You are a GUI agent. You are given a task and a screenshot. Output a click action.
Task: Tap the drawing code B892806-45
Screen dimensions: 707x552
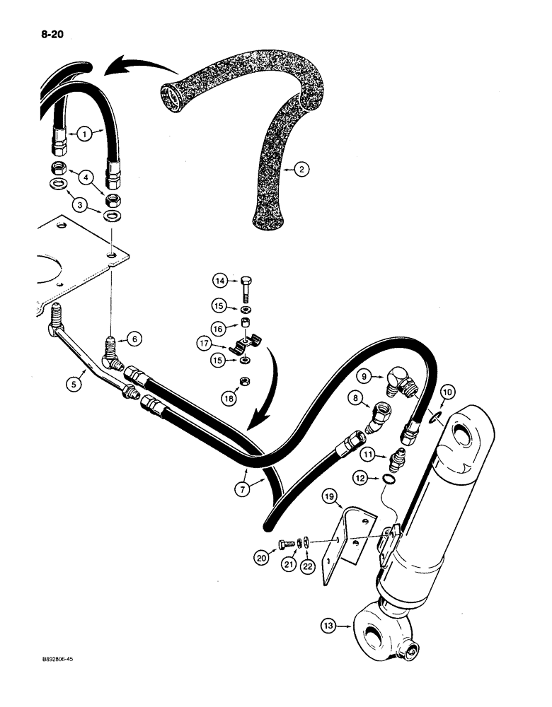point(52,658)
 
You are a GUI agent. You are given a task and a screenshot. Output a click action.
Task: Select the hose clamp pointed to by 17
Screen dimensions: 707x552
point(245,345)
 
